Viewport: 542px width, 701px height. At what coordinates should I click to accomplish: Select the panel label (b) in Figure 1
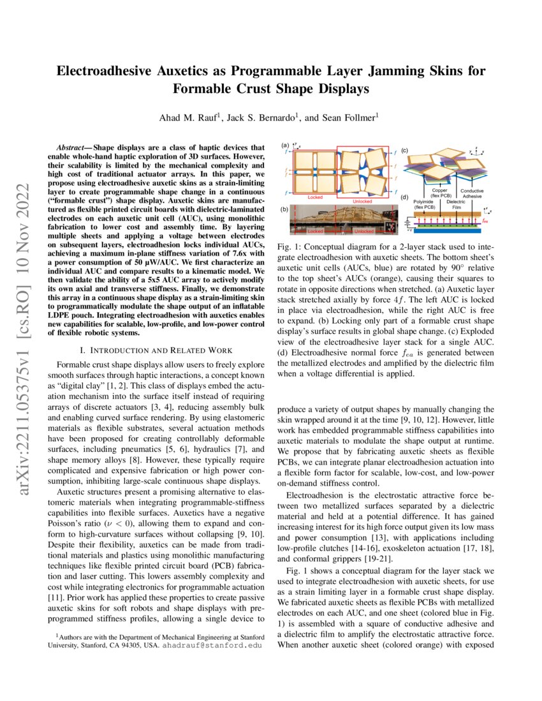tap(284, 208)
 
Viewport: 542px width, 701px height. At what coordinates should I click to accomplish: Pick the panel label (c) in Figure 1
tap(404, 150)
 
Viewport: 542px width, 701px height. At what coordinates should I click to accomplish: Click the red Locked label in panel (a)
tap(315, 198)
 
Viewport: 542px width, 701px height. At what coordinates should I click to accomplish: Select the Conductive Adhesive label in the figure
tap(471, 194)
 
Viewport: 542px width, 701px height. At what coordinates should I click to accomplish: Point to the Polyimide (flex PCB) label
tap(424, 205)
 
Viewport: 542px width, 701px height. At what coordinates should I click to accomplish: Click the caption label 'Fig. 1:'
tap(291, 247)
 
